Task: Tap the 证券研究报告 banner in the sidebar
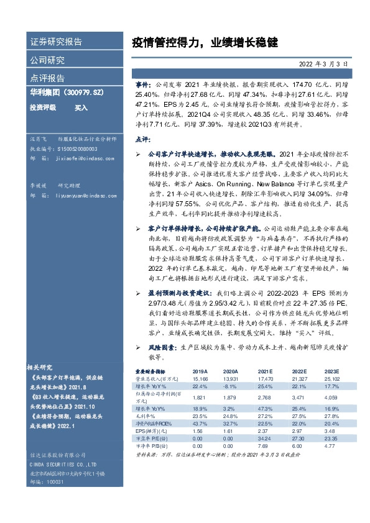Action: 56,42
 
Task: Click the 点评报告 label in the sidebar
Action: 47,78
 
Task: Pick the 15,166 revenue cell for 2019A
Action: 201,378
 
